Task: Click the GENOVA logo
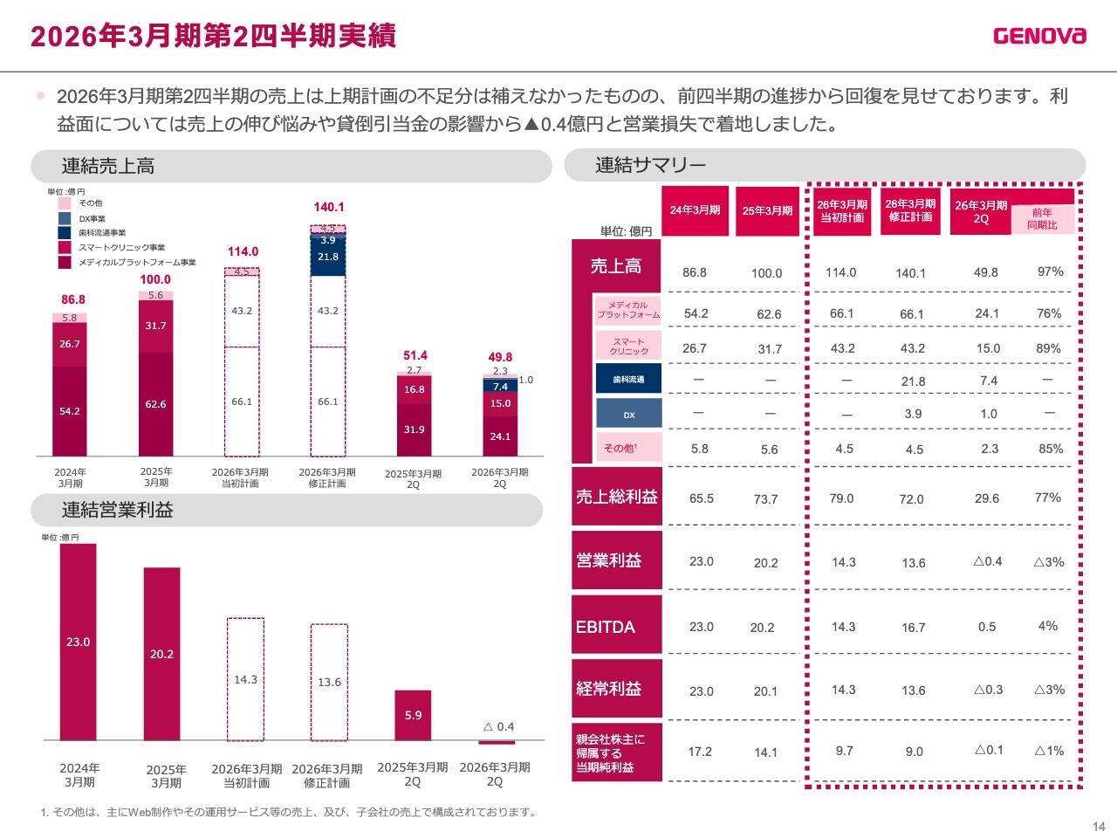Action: tap(1039, 36)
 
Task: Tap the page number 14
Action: tap(1099, 827)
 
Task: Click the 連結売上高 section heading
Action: tap(108, 167)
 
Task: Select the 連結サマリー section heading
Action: tap(650, 165)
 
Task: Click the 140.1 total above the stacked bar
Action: tap(329, 207)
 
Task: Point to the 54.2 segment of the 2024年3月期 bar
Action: tap(70, 411)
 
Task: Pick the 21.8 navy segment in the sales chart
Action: tap(328, 257)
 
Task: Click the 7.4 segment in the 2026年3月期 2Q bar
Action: tap(500, 387)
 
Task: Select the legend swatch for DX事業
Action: tap(65, 218)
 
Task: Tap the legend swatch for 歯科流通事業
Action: tap(65, 233)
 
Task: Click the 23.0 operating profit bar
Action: tap(78, 642)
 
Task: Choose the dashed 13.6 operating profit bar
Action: tap(329, 682)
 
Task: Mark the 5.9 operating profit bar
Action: tap(413, 715)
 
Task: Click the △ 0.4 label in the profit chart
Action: tap(499, 726)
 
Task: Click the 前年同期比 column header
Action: tap(1042, 219)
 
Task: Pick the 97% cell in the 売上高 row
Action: tap(1050, 271)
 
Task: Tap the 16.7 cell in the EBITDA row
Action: tap(914, 628)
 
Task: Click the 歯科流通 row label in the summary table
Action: tap(628, 379)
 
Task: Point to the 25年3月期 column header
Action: tap(767, 210)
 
